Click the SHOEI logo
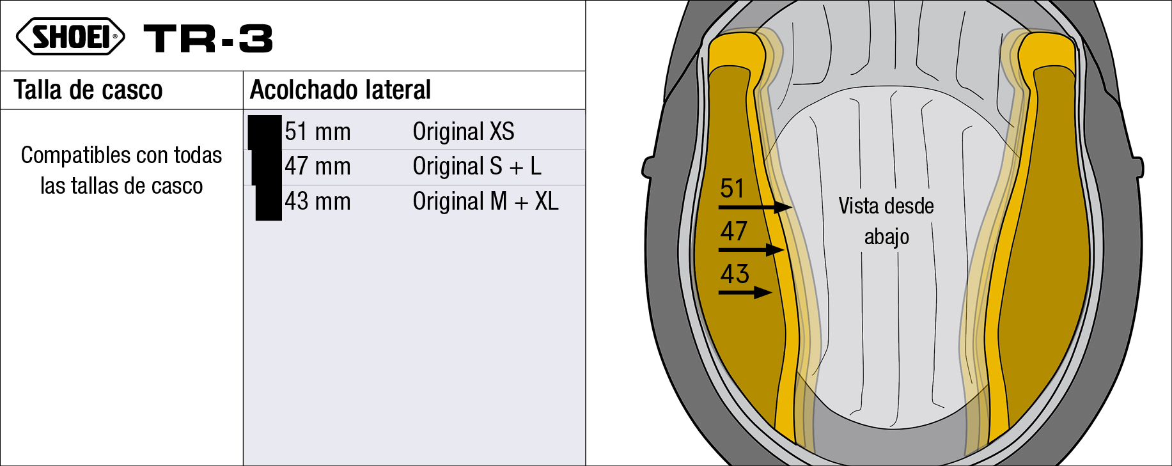[x=70, y=36]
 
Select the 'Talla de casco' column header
[x=88, y=90]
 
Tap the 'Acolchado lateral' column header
[x=340, y=90]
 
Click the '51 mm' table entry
[x=318, y=132]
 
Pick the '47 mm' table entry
[x=318, y=166]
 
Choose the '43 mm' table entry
[x=318, y=201]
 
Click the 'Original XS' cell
[x=463, y=132]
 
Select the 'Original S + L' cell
[x=477, y=166]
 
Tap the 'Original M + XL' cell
[x=485, y=201]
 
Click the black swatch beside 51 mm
[x=265, y=132]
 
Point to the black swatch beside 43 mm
[x=269, y=203]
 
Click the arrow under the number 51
[x=755, y=207]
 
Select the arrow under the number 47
[x=751, y=249]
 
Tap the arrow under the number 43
[x=746, y=293]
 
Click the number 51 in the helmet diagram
[x=732, y=189]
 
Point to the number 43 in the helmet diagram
[x=734, y=274]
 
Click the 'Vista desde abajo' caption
[x=886, y=221]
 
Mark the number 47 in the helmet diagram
[x=733, y=231]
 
